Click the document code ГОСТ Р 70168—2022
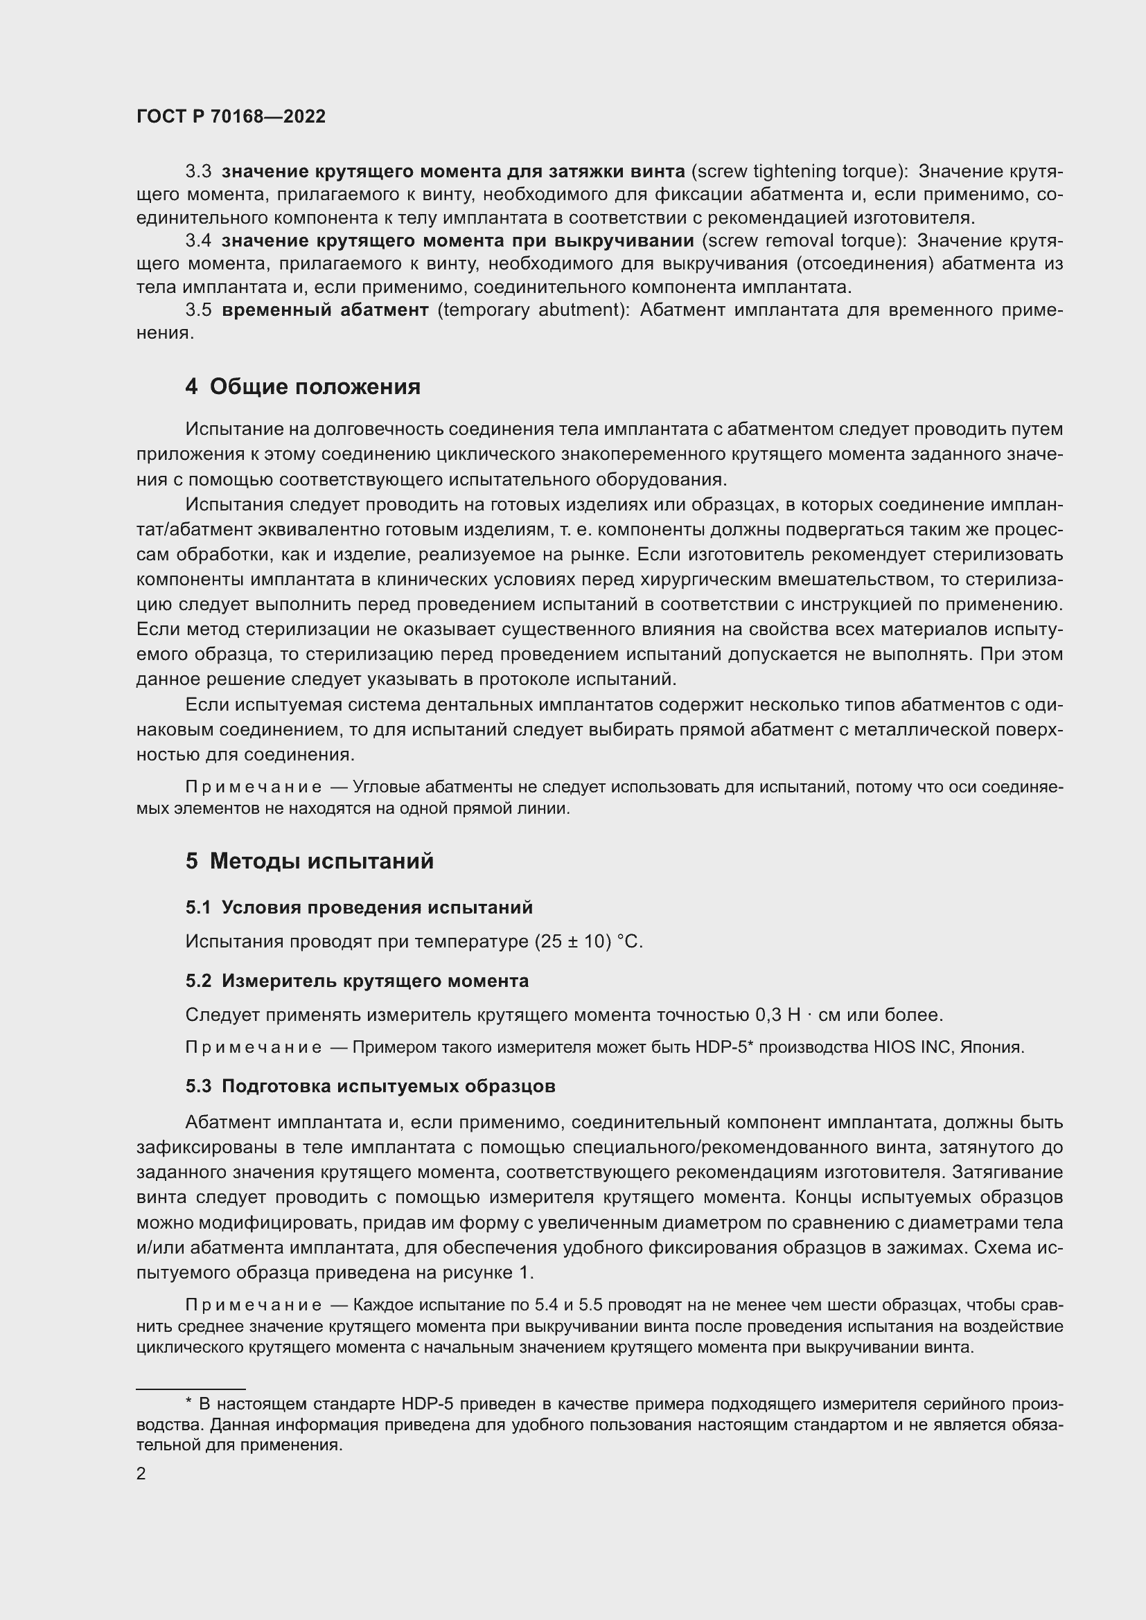tap(231, 116)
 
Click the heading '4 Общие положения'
tap(303, 386)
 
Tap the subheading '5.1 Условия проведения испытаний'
tap(359, 907)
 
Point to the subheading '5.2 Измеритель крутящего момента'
tap(357, 981)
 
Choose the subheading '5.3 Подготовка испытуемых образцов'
tap(371, 1086)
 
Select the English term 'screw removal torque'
tap(803, 240)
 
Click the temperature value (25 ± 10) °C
tap(588, 942)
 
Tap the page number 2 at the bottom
tap(141, 1468)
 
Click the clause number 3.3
tap(198, 172)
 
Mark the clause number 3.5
tap(198, 310)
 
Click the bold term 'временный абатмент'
tap(324, 310)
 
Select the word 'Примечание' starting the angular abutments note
tap(254, 787)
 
